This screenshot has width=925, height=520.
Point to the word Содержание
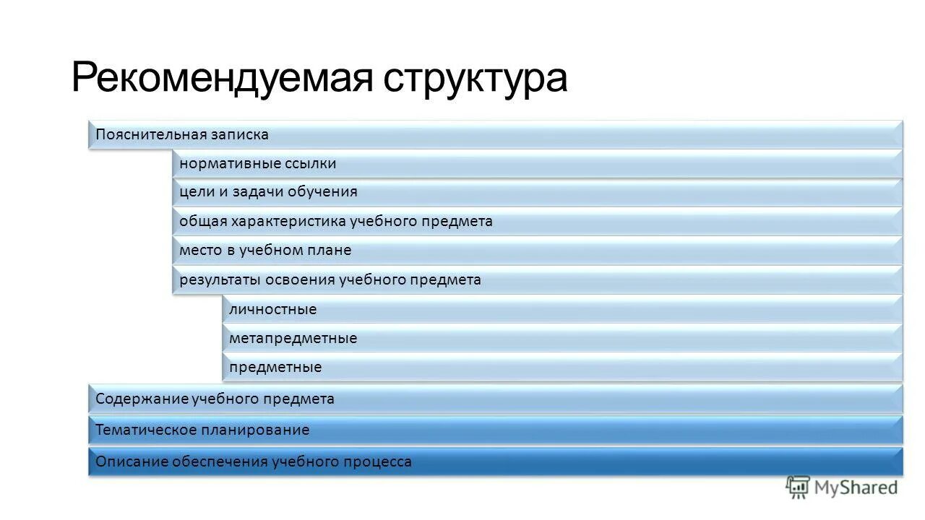tap(142, 399)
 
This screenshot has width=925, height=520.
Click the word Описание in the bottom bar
tap(132, 462)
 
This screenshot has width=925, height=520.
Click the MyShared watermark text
tap(856, 487)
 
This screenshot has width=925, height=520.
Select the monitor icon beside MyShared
tap(798, 487)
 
